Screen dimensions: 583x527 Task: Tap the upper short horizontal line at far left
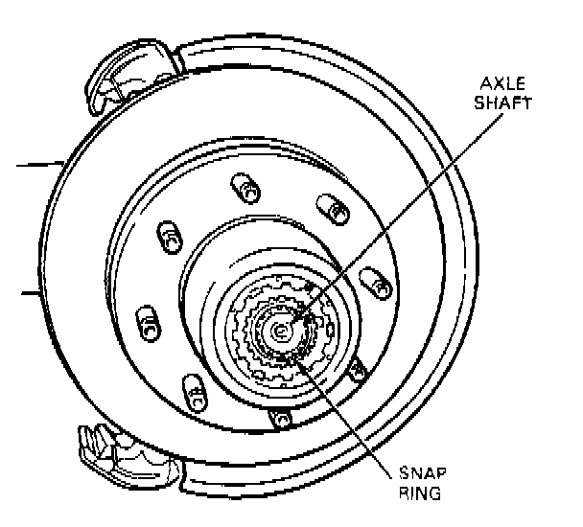tap(38, 163)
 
